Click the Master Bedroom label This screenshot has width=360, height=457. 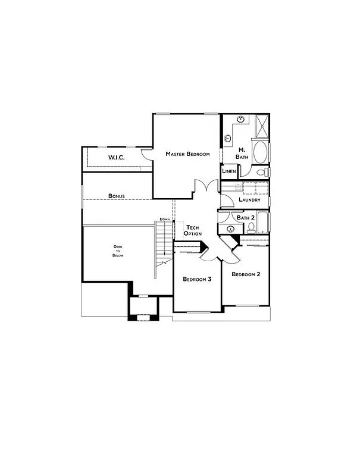click(x=187, y=154)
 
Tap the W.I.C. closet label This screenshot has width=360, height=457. click(x=115, y=157)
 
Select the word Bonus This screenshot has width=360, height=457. click(x=116, y=196)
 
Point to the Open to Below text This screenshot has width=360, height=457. click(x=118, y=251)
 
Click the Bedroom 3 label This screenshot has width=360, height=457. click(x=197, y=279)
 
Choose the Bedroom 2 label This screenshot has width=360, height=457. click(x=246, y=274)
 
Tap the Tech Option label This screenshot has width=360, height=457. click(x=193, y=231)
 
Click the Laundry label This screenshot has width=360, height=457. click(x=249, y=200)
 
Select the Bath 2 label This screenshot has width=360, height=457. click(x=245, y=218)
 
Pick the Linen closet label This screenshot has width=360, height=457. click(x=229, y=171)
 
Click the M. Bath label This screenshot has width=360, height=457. click(x=242, y=153)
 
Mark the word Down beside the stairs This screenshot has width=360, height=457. click(x=165, y=220)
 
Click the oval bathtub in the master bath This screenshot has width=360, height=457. click(x=261, y=152)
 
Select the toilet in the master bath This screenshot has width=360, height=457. click(x=260, y=173)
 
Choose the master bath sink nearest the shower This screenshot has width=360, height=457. click(x=243, y=120)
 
